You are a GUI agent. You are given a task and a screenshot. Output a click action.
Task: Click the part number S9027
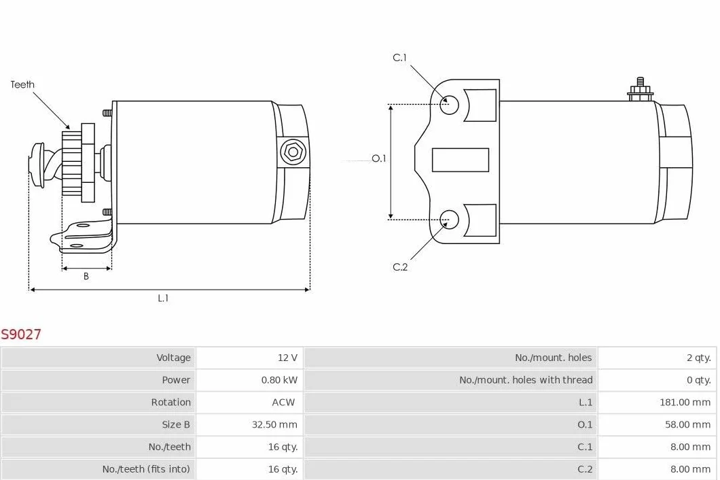coord(21,334)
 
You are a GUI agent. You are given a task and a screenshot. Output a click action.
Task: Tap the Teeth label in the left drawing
coord(22,84)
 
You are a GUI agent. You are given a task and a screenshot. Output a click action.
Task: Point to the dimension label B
coord(86,276)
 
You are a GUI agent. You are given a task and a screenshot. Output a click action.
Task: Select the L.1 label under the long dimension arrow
coord(163,298)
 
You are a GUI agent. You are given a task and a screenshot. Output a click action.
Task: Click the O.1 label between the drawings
coord(379,158)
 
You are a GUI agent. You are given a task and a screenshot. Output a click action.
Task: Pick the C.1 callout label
coord(399,58)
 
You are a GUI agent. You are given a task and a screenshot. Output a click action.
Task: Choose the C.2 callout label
coord(400,267)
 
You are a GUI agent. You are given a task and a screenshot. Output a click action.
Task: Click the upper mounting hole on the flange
coord(449,105)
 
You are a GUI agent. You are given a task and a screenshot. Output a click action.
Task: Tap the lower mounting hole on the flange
coord(449,220)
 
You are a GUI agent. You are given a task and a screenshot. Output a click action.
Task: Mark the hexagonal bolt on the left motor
coord(293,152)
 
